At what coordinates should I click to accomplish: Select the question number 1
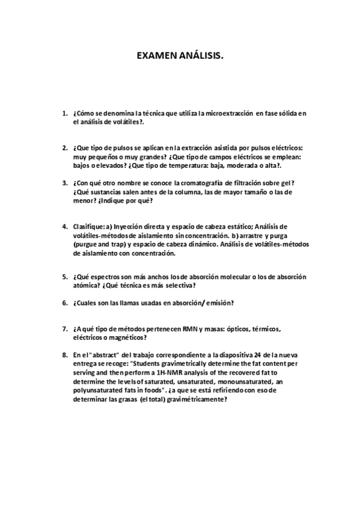click(64, 113)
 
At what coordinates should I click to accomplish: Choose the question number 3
click(64, 183)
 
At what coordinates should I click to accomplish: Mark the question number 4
click(64, 226)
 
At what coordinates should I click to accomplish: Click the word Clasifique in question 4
click(87, 226)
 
